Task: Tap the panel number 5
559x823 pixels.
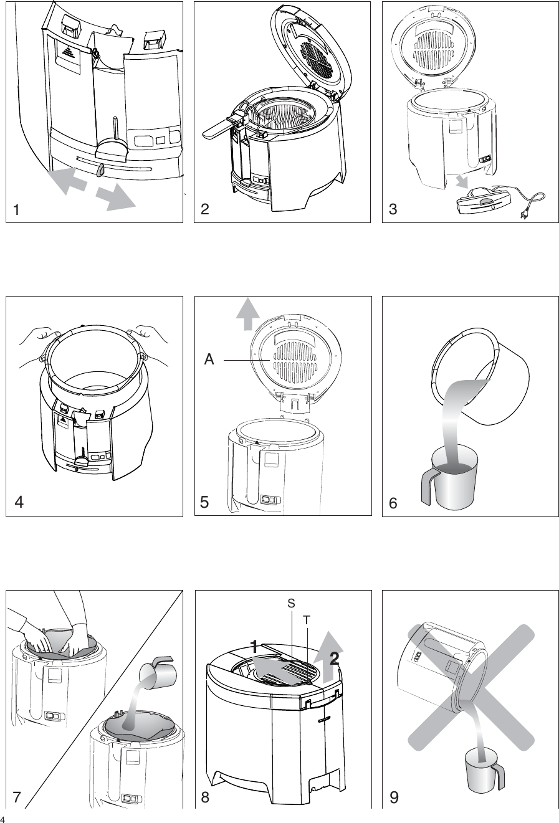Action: pos(204,503)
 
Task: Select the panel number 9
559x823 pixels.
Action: pos(393,797)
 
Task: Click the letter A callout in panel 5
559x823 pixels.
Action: pos(209,359)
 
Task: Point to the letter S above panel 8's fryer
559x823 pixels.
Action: pos(291,603)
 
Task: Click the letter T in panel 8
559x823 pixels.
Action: pos(307,620)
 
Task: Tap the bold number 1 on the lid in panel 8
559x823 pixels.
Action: pos(254,646)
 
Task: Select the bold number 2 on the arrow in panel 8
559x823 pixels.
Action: pos(334,659)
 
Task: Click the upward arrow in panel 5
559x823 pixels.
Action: pos(248,313)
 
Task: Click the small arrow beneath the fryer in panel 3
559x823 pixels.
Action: pos(462,182)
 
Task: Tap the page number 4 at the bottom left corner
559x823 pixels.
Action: pos(3,818)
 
